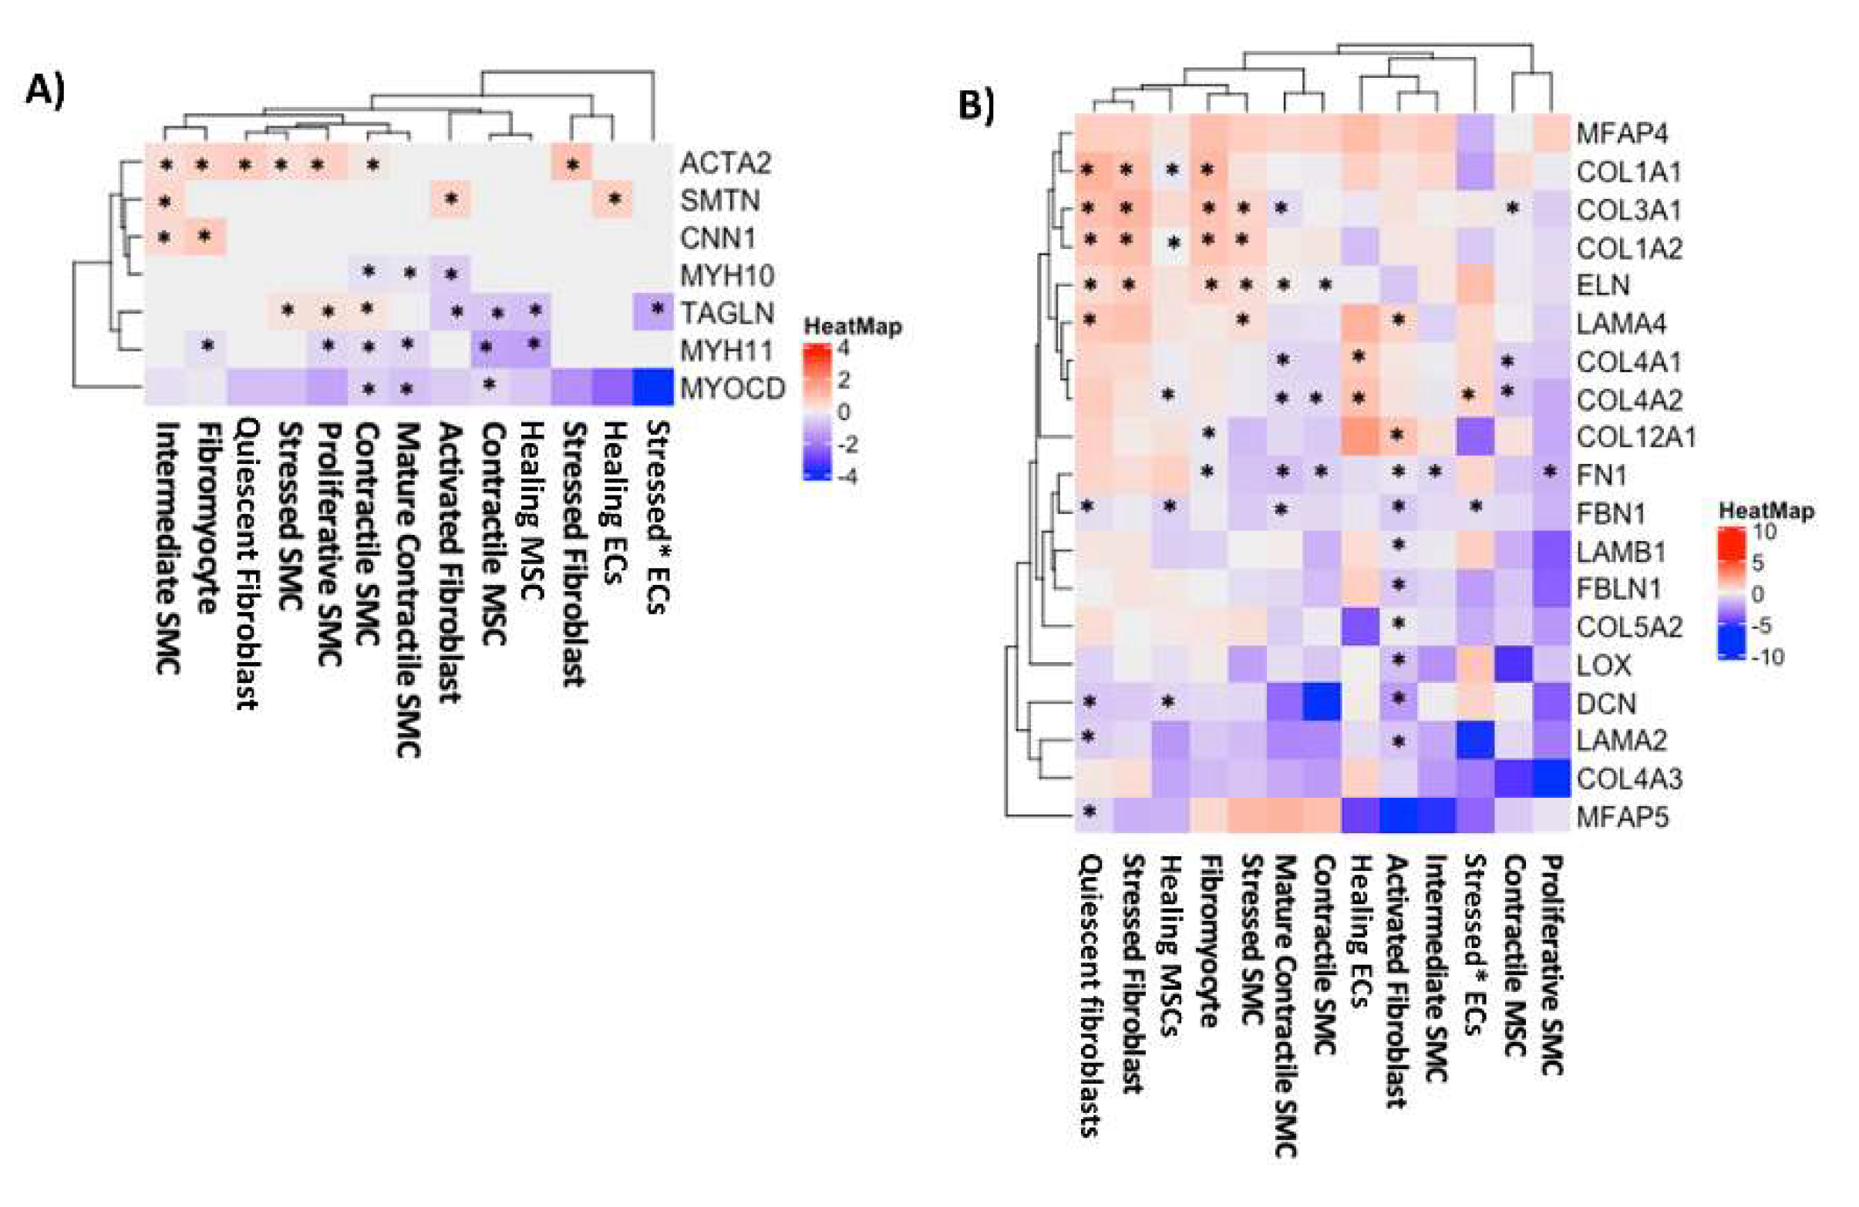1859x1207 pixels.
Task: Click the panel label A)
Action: tap(45, 91)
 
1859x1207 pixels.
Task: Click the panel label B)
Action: tap(975, 106)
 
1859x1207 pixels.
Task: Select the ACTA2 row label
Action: tap(725, 163)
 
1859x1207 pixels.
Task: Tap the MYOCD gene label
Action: tap(732, 388)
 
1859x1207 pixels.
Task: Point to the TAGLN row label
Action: tap(726, 313)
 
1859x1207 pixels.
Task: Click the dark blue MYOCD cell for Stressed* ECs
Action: tap(653, 387)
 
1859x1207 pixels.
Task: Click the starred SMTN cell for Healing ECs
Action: tap(614, 200)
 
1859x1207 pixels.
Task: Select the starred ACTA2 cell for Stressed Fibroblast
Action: tap(573, 164)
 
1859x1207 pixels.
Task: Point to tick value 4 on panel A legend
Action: tap(843, 348)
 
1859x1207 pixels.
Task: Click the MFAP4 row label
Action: tap(1622, 133)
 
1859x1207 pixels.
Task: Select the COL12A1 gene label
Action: tap(1635, 437)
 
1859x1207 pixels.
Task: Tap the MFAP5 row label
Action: tap(1622, 818)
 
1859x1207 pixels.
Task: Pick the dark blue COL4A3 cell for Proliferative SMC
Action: tap(1551, 778)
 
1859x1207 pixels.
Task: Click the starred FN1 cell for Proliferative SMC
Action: tap(1551, 472)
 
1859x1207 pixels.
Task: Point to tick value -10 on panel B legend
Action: tap(1767, 657)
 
